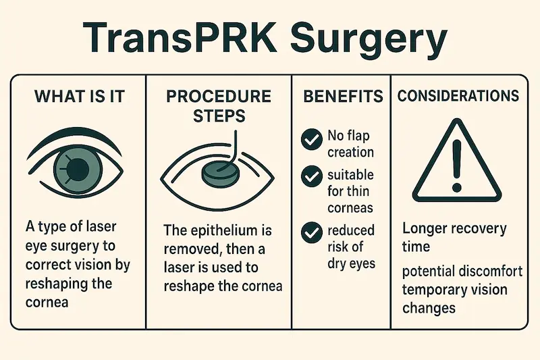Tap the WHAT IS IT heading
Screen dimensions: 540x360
point(79,96)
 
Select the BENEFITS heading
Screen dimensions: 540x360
point(343,96)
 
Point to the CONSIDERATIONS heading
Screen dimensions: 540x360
point(458,96)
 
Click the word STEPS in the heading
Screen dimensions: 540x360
point(219,115)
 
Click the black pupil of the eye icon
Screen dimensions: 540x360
point(78,169)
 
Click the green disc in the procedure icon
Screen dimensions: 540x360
point(217,174)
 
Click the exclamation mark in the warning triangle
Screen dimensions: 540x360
point(457,165)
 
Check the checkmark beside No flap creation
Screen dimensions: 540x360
point(312,140)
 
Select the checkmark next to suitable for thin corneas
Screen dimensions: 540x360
point(312,177)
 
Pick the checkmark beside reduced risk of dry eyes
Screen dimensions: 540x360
point(312,232)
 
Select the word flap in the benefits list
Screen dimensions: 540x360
point(359,136)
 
